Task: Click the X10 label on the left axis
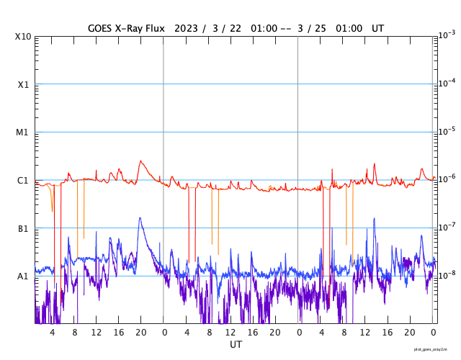tap(22, 37)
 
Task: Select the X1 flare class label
tap(24, 84)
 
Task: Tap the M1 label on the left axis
tap(24, 132)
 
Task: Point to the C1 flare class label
tap(24, 181)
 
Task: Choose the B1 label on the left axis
tap(24, 229)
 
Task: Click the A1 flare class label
tap(24, 276)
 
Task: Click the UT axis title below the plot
tap(236, 345)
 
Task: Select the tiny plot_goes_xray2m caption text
tap(436, 348)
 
